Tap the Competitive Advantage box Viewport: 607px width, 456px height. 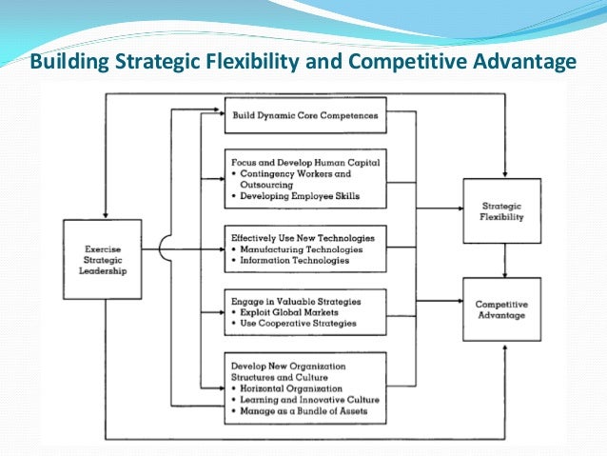[501, 309]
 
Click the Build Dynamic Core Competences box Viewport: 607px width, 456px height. [305, 116]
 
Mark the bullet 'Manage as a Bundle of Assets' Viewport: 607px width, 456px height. [302, 411]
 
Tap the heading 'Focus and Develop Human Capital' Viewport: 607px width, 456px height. [305, 163]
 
